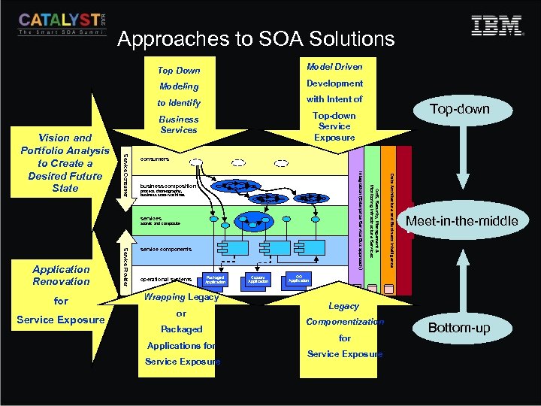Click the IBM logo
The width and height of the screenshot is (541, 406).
[x=497, y=26]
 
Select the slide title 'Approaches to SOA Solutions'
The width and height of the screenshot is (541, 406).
[x=255, y=38]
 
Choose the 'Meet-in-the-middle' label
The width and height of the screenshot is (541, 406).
[x=461, y=220]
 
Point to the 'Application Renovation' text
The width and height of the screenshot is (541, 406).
[x=61, y=275]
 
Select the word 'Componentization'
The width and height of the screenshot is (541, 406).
[x=345, y=322]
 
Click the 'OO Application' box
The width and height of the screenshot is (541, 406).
[x=298, y=279]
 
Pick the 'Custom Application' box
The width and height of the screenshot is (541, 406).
[x=258, y=280]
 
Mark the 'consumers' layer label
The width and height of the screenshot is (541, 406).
[x=154, y=159]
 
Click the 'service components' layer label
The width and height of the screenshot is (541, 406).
[x=165, y=248]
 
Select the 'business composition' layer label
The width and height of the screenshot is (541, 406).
[x=168, y=185]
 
